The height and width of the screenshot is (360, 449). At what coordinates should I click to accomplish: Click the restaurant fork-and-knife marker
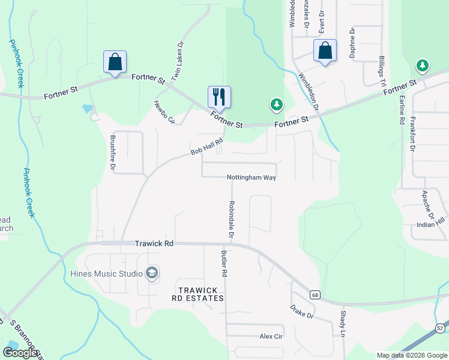(x=219, y=97)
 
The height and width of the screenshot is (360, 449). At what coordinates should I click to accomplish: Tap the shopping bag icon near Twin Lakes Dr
(x=115, y=62)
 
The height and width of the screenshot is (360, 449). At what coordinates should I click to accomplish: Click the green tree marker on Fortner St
(x=276, y=106)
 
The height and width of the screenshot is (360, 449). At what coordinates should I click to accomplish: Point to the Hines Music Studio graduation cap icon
(x=152, y=274)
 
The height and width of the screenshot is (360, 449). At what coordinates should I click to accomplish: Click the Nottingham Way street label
(x=251, y=178)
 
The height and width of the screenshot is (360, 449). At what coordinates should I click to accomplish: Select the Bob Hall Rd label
(x=207, y=148)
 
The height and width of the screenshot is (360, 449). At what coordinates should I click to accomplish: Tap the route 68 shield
(x=315, y=295)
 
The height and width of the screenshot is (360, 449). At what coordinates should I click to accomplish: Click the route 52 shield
(x=441, y=328)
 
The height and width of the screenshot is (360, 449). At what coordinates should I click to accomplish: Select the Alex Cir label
(x=271, y=337)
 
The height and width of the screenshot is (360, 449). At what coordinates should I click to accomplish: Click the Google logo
(x=20, y=353)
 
